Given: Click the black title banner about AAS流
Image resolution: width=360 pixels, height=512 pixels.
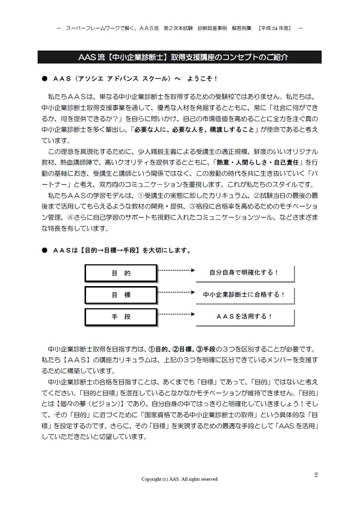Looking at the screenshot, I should [x=179, y=57].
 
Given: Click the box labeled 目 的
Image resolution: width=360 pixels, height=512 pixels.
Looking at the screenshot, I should [x=121, y=273].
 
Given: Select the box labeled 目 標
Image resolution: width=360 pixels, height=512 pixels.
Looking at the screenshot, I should [x=121, y=295].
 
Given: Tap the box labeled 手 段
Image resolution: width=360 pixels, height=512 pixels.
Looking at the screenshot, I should [x=121, y=317].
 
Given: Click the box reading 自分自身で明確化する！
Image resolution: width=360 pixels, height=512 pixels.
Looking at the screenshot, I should [x=245, y=273].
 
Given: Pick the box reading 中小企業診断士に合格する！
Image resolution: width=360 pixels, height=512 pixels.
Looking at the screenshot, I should [x=245, y=295].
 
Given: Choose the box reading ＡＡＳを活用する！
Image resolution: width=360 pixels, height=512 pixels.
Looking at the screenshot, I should [x=245, y=317].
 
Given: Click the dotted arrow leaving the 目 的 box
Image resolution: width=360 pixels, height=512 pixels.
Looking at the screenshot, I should [x=176, y=271].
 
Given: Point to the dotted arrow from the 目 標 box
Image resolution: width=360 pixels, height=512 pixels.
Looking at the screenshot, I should [x=176, y=292].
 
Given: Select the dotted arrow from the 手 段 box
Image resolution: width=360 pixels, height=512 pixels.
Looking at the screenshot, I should [x=176, y=314].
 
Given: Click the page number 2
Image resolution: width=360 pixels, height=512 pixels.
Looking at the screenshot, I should [x=316, y=475].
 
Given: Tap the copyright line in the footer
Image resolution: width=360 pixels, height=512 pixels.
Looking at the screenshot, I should [x=179, y=479].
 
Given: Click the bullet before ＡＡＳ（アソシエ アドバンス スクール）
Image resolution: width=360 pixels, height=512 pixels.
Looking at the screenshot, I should [x=45, y=79].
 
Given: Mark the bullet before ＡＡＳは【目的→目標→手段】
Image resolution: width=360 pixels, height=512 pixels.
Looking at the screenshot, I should [x=45, y=250].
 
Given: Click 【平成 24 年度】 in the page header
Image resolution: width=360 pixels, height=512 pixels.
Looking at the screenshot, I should [x=275, y=28].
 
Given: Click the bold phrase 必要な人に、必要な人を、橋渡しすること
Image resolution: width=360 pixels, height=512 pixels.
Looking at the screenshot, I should [x=194, y=130].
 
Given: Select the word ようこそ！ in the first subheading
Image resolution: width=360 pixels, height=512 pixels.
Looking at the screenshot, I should [x=202, y=79].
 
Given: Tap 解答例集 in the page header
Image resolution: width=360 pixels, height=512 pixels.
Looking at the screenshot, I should [x=241, y=28].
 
